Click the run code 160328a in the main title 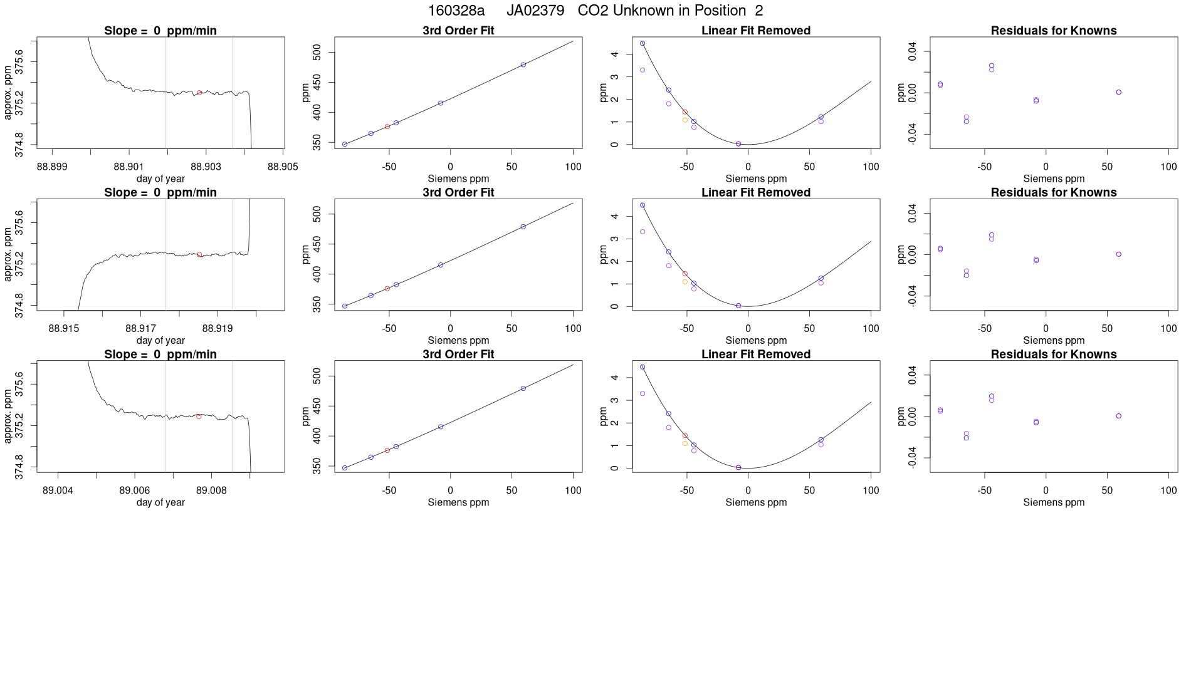[x=456, y=11]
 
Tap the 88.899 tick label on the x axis [x=52, y=167]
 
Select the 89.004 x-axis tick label [x=58, y=490]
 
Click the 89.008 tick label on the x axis [x=211, y=490]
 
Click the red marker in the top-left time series [x=199, y=93]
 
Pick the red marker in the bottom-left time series [x=199, y=417]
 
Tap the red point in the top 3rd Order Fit [x=387, y=127]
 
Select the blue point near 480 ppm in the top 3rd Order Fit [x=523, y=65]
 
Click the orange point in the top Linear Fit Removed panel [x=685, y=120]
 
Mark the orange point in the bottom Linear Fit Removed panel [x=685, y=443]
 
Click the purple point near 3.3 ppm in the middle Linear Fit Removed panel [x=643, y=232]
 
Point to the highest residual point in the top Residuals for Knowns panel [x=992, y=66]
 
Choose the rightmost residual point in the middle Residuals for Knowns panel [x=1119, y=254]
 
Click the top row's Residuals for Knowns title [x=1053, y=31]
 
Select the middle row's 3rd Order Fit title [x=458, y=192]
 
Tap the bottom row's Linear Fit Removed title [x=755, y=355]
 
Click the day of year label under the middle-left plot [x=160, y=341]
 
